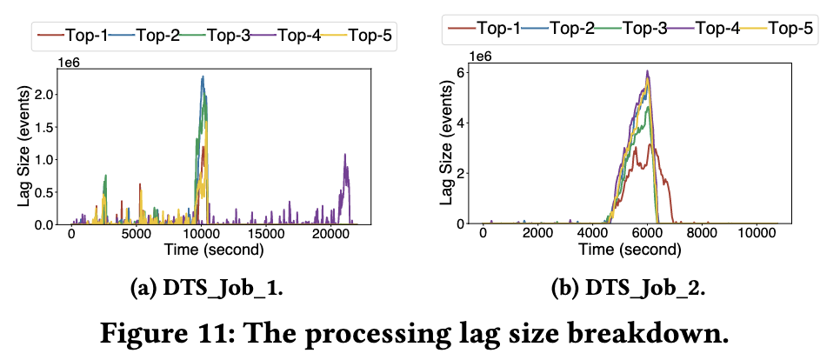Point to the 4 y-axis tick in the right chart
(459, 122)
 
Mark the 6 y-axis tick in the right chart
(459, 71)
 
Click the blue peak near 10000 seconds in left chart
(203, 77)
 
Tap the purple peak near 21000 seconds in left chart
(345, 155)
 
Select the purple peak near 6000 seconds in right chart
(648, 71)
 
